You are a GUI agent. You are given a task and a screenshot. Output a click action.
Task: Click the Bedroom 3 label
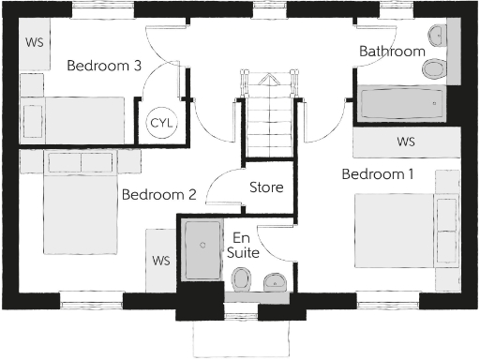click(104, 67)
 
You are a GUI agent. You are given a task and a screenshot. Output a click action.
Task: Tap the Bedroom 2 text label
click(158, 195)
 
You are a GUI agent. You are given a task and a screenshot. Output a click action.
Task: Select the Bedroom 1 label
click(377, 174)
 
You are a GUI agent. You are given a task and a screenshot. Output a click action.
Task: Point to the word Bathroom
click(392, 52)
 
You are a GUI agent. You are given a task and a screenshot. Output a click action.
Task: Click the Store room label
click(266, 187)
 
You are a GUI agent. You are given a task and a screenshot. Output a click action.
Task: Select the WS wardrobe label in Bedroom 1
click(405, 142)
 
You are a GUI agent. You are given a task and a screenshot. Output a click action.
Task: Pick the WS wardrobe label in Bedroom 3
click(33, 42)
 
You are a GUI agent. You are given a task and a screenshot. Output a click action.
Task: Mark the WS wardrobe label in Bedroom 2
click(160, 260)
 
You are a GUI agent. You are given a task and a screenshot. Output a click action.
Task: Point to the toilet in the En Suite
click(241, 279)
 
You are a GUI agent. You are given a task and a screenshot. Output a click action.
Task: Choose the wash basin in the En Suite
click(274, 279)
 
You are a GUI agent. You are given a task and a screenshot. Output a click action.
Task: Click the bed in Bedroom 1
click(403, 230)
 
